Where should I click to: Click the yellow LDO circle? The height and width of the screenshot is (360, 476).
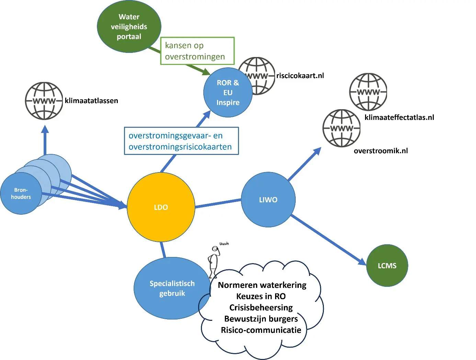point(161,207)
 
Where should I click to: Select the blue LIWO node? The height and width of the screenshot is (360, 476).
point(268,200)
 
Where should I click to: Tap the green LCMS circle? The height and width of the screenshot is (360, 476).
point(387,266)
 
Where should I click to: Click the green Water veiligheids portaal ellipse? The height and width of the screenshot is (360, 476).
point(129,27)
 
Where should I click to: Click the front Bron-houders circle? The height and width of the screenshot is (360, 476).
point(21,194)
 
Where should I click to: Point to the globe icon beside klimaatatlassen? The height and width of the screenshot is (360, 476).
point(44,101)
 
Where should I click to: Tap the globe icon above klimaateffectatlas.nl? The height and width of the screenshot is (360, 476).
point(368,92)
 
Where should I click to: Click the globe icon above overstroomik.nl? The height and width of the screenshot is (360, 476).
point(341,128)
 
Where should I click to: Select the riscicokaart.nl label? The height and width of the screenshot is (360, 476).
point(300,76)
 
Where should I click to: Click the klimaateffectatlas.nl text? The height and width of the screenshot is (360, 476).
point(399,117)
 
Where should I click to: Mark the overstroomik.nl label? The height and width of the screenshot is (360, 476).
point(381,151)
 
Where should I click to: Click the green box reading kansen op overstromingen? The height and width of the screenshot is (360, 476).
point(197,51)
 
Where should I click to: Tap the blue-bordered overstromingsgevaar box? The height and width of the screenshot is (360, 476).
point(181,141)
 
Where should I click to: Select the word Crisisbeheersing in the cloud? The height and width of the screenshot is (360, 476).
point(261,307)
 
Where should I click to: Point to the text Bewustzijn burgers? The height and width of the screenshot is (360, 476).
point(261,319)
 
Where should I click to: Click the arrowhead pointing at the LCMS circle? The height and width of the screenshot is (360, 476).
point(362,262)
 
